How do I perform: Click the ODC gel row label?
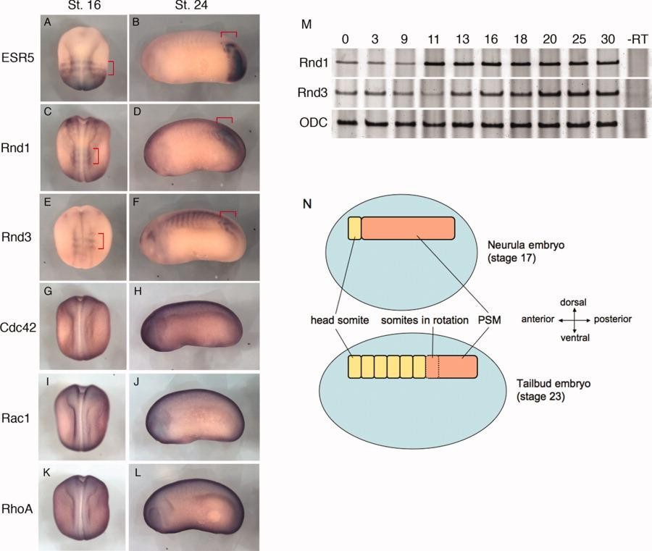click(312, 124)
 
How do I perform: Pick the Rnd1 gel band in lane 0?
click(347, 64)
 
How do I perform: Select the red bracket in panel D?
click(227, 118)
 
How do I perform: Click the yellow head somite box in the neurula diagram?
click(354, 228)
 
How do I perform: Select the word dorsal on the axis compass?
click(573, 301)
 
